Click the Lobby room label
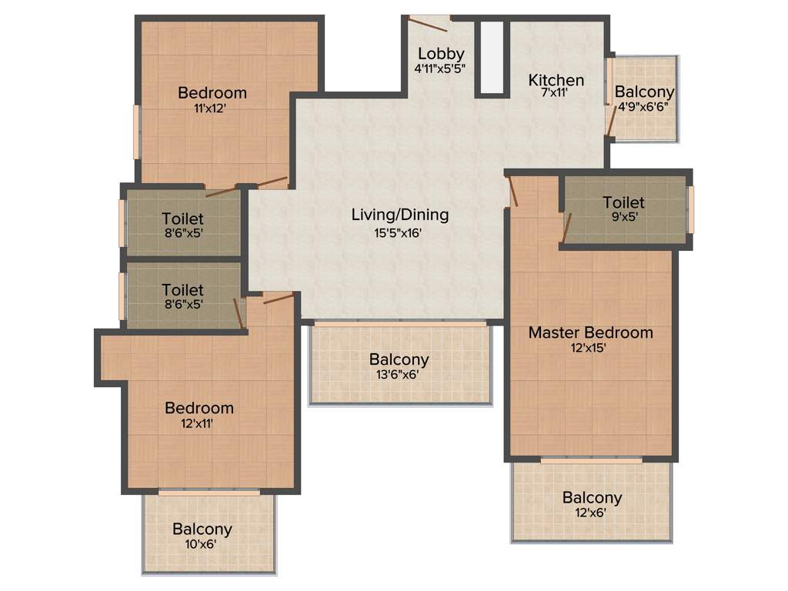441,54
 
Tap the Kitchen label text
556,80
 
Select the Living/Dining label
399,215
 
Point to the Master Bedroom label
590,332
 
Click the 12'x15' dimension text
590,348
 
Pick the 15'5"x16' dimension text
399,232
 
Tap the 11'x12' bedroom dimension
212,109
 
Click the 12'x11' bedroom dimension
199,423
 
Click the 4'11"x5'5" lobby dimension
440,68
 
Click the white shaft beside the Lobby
492,57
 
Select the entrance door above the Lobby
428,23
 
